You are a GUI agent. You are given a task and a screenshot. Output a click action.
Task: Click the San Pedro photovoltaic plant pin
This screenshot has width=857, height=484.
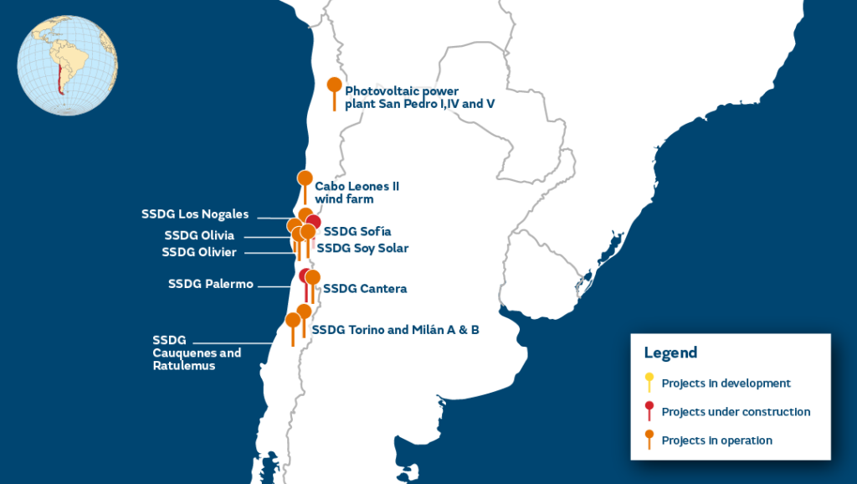[334, 85]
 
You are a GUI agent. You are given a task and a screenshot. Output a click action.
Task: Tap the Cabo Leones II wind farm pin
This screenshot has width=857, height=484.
[305, 178]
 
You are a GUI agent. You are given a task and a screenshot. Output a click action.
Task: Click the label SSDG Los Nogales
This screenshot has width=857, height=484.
[194, 214]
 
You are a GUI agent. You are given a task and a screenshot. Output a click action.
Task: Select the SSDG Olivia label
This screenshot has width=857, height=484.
[199, 235]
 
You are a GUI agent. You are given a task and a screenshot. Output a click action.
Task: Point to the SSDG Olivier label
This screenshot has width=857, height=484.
[199, 252]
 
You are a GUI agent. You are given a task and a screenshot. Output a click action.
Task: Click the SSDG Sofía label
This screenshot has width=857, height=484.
[357, 231]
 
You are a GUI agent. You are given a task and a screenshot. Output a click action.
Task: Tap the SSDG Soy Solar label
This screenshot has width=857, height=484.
[362, 248]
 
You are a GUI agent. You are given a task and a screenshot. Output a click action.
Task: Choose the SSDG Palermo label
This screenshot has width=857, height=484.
[210, 284]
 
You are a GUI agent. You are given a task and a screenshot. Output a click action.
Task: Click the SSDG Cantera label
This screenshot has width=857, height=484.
[365, 289]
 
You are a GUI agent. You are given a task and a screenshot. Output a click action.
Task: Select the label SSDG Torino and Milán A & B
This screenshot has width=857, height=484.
[395, 330]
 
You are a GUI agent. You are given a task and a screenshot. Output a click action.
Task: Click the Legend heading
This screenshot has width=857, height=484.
[670, 353]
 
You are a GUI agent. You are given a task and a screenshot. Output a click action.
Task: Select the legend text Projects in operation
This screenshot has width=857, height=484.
[716, 440]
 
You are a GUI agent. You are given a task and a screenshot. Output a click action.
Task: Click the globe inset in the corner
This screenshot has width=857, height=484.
[67, 65]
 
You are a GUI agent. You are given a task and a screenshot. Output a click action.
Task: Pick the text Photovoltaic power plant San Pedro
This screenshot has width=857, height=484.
[402, 98]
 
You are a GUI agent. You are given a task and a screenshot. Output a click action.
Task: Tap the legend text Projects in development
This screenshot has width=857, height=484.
[726, 384]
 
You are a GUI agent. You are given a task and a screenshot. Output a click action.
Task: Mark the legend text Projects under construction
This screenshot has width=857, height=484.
[736, 412]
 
